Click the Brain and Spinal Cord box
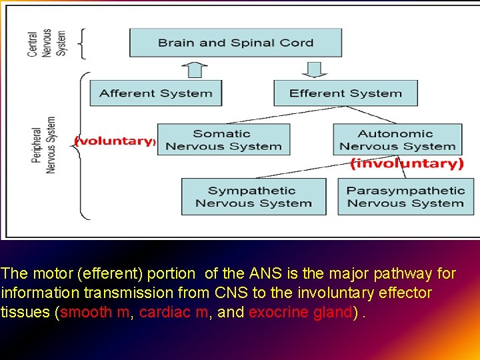pyautogui.click(x=235, y=43)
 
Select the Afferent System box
pyautogui.click(x=155, y=93)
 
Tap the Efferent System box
pyautogui.click(x=345, y=93)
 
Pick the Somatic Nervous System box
pyautogui.click(x=223, y=140)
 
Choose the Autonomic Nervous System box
pyautogui.click(x=397, y=140)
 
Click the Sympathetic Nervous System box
pyautogui.click(x=253, y=197)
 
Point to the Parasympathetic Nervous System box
pyautogui.click(x=405, y=197)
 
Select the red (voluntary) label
pyautogui.click(x=115, y=141)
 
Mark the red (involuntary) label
pyautogui.click(x=407, y=163)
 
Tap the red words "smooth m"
pyautogui.click(x=95, y=312)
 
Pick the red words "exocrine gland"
pyautogui.click(x=301, y=312)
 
